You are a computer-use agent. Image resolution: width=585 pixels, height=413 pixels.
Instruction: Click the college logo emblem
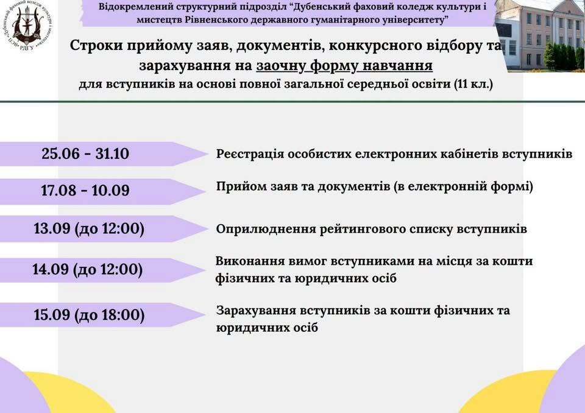pyautogui.click(x=27, y=26)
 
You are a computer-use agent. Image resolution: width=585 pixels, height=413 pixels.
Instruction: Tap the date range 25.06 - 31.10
pyautogui.click(x=85, y=154)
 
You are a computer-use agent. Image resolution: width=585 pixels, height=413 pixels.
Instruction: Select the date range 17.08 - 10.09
pyautogui.click(x=85, y=190)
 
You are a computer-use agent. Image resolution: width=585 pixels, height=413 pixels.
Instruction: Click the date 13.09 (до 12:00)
pyautogui.click(x=89, y=228)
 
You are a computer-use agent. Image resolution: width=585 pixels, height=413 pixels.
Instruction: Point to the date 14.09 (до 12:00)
pyautogui.click(x=87, y=269)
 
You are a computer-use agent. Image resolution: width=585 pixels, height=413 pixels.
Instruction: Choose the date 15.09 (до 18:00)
pyautogui.click(x=89, y=315)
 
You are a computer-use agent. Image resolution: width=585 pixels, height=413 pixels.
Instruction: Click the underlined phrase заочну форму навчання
pyautogui.click(x=344, y=66)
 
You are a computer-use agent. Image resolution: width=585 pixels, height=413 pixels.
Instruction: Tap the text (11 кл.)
pyautogui.click(x=473, y=84)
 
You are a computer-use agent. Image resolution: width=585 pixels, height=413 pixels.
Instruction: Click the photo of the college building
pyautogui.click(x=541, y=36)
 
